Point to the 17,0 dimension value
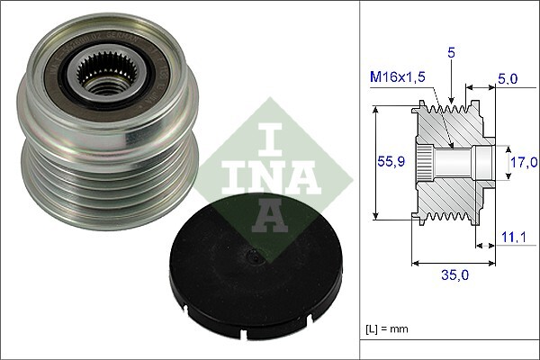coord(521,163)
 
